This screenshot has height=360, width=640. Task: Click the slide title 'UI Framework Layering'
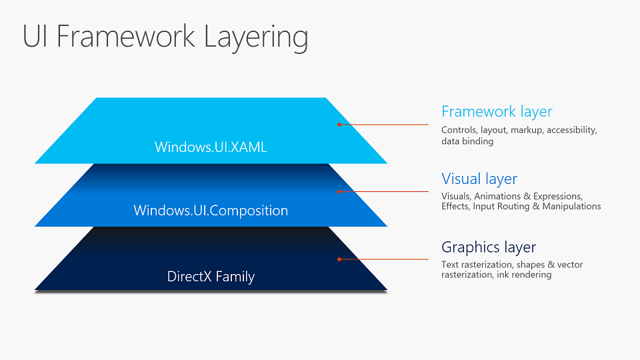pos(165,37)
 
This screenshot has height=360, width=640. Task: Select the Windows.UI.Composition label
pos(211,211)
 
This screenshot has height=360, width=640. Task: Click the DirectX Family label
pos(211,277)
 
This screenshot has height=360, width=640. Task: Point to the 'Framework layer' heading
pos(497,112)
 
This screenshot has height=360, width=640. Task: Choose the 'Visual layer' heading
pos(479,179)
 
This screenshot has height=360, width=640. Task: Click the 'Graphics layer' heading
pos(489,247)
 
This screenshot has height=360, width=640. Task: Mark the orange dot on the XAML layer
pos(339,125)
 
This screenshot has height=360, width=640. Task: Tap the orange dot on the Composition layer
pos(339,192)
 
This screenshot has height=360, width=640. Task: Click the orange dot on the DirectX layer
pos(339,259)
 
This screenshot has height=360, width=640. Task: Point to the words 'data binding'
pos(467,141)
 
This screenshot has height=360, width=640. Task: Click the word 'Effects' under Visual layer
pos(455,207)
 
